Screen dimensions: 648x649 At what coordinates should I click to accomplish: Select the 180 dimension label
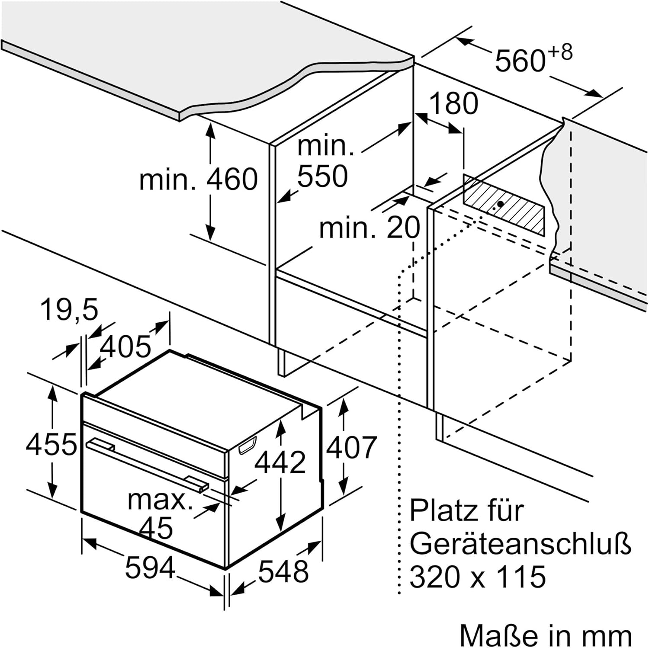453,104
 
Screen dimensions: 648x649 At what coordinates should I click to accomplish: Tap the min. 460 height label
199,179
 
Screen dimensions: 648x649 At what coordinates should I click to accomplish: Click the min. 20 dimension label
369,228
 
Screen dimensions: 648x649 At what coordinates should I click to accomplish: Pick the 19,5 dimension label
70,310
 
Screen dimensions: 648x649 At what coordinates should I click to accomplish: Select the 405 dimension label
125,346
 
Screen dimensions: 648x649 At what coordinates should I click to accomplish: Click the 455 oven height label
51,444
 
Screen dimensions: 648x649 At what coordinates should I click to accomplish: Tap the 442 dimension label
280,462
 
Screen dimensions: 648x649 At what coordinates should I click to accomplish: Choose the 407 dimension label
351,447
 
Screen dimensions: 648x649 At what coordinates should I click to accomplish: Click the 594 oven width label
150,568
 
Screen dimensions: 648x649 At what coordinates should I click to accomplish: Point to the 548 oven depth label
283,571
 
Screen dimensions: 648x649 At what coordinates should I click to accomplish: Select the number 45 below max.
156,528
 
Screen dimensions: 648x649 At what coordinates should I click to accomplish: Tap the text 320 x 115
478,577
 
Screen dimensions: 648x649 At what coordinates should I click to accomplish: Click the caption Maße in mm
545,635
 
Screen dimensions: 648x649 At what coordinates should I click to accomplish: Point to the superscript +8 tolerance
560,53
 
